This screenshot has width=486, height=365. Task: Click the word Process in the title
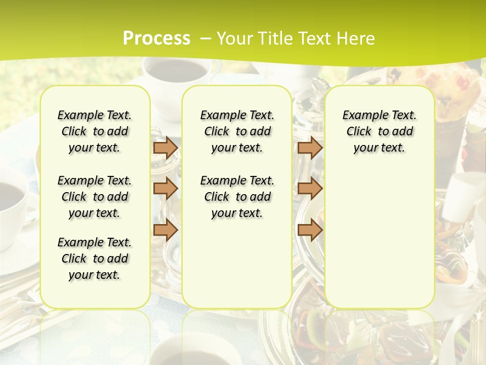click(156, 39)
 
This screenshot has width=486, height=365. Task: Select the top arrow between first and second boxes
click(166, 148)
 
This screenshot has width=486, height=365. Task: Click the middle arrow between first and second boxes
click(166, 189)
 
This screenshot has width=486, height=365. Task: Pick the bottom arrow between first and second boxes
click(166, 230)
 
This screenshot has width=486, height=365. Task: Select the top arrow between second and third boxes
click(310, 148)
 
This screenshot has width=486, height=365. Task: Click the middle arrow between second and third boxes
click(310, 189)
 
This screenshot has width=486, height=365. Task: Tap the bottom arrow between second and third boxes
click(310, 230)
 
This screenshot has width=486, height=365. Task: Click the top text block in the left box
click(95, 131)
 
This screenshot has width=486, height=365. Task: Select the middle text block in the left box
click(95, 197)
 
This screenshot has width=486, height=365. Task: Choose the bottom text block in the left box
click(95, 259)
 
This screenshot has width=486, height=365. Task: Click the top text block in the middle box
click(237, 131)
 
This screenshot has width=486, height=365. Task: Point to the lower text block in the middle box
click(237, 197)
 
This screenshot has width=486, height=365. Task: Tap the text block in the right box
click(379, 131)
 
